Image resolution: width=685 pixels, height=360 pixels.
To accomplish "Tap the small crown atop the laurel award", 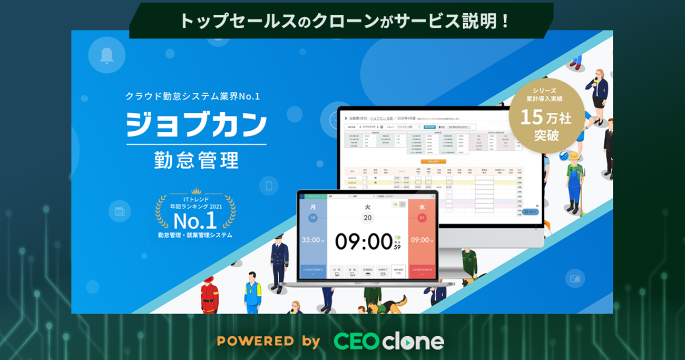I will pos(196,190).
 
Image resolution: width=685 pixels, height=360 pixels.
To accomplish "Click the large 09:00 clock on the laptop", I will pos(364,241).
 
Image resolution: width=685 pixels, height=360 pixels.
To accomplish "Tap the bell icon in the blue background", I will pos(106,55).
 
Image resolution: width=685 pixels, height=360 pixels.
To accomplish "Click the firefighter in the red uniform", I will pos(209,295).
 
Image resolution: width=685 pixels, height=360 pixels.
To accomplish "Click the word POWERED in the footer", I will pos(255,340).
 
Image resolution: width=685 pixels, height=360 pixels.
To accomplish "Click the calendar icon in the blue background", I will pos(119,211).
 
